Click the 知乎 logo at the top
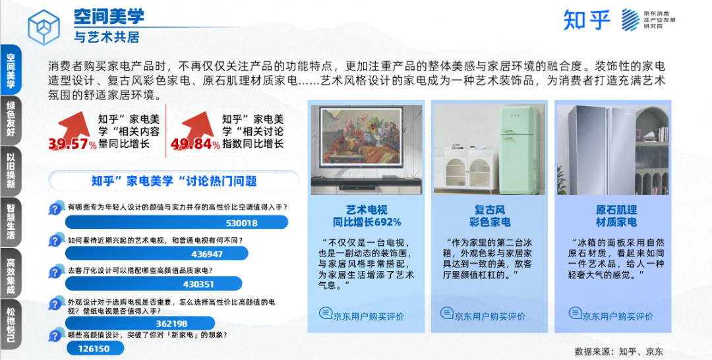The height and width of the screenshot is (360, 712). pos(586,20)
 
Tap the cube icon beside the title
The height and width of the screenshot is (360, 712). pos(44,27)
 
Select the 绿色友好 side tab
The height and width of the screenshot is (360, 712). pos(11,120)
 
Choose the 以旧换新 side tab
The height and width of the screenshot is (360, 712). pos(11,171)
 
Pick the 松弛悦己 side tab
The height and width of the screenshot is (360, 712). pos(11,324)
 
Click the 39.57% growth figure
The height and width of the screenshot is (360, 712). pos(73,144)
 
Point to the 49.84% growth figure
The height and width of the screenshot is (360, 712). pos(195,144)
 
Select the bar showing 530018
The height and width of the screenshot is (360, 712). pos(177,222)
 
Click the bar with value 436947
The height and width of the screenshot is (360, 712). pos(157,253)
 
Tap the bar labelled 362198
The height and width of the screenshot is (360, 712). pos(140,323)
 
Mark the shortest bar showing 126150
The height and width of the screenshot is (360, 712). pos(95,348)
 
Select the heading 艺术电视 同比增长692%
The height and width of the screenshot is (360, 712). pos(367,216)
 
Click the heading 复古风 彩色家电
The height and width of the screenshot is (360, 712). pos(489,216)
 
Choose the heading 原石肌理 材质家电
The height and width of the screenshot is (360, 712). pos(616,216)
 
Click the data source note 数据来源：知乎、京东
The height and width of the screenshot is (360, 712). pos(618,351)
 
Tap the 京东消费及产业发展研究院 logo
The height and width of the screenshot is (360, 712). pos(648,20)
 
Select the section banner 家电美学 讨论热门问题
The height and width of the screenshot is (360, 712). pos(174,181)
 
